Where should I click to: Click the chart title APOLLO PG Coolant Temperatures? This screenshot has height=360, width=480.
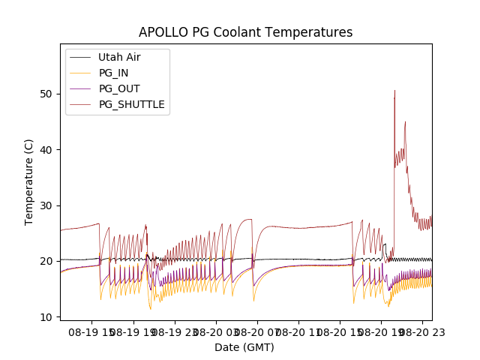pyautogui.click(x=245, y=32)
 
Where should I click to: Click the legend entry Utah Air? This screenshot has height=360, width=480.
pyautogui.click(x=119, y=57)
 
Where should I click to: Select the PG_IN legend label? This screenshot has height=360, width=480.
pyautogui.click(x=113, y=73)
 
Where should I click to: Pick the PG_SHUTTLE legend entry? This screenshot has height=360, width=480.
pyautogui.click(x=132, y=104)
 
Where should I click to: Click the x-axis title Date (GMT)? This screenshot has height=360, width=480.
pyautogui.click(x=244, y=347)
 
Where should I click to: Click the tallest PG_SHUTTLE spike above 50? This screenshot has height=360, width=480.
pyautogui.click(x=394, y=91)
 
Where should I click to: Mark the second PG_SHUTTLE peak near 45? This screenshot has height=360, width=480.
pyautogui.click(x=405, y=121)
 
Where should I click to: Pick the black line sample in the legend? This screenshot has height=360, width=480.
pyautogui.click(x=81, y=57)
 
